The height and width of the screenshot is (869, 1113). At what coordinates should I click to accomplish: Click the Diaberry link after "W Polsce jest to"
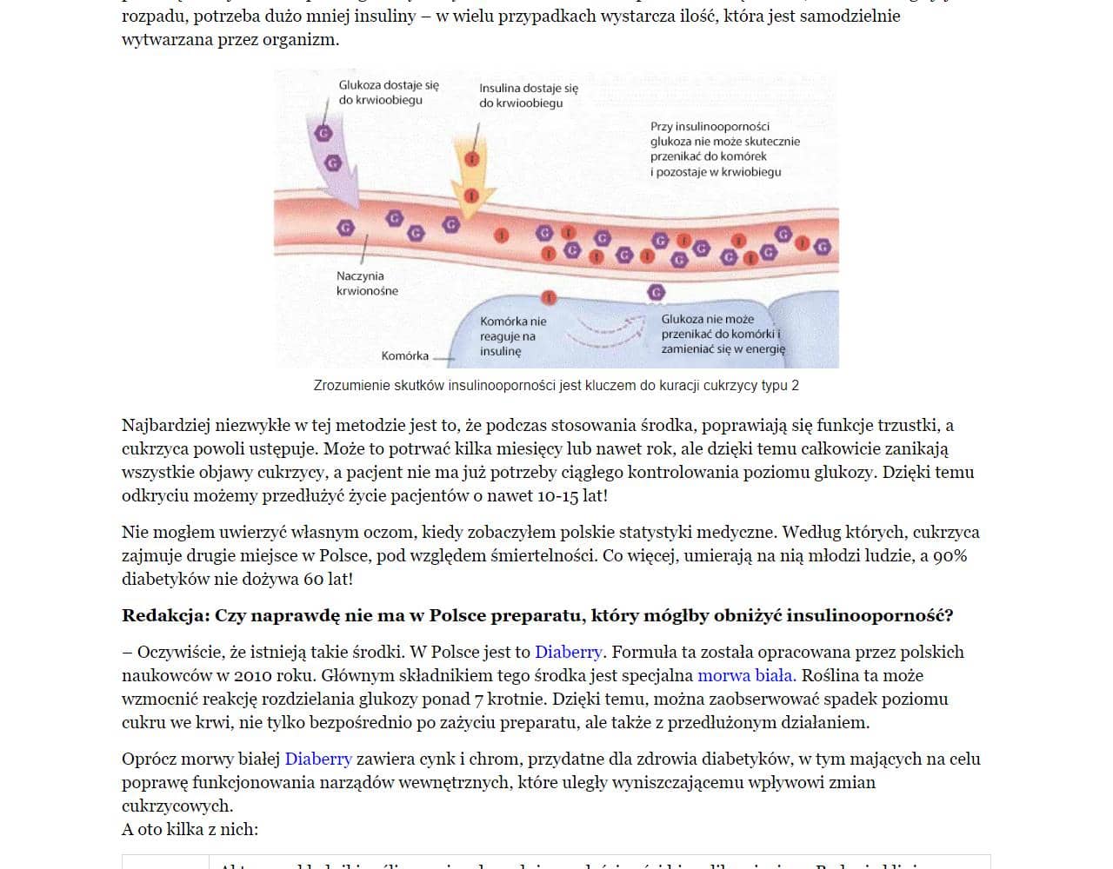568,652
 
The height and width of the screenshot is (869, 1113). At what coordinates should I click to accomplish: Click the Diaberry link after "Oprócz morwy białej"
318,759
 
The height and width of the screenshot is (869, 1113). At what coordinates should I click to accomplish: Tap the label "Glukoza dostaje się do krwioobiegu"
389,92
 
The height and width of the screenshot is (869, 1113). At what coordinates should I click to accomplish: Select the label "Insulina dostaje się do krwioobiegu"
528,96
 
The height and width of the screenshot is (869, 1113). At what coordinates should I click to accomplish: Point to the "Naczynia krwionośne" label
366,283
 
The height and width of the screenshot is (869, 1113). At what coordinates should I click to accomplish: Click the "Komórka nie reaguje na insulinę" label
513,336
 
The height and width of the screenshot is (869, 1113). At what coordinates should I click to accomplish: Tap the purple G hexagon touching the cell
656,293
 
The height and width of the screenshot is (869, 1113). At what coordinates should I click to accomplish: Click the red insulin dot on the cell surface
549,297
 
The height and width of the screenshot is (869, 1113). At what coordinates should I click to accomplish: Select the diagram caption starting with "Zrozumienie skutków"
556,385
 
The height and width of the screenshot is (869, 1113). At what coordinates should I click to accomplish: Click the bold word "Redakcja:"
165,615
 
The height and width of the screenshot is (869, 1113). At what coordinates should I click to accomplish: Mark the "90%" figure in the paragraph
950,555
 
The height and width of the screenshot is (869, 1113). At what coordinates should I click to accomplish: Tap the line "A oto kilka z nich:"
190,829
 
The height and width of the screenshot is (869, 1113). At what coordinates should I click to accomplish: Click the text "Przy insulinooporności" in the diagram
710,126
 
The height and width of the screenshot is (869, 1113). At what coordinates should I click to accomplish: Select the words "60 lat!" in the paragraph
328,579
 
